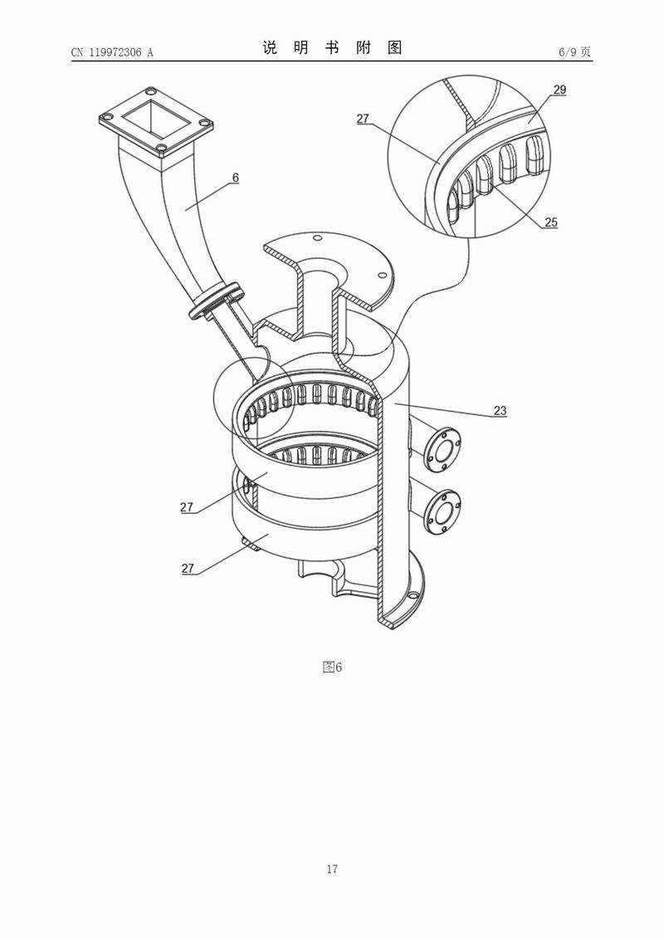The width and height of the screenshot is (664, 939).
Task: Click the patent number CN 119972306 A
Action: point(112,52)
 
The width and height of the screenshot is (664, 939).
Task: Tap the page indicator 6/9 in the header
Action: point(575,52)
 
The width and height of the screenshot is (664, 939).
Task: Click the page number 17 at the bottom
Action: point(332,869)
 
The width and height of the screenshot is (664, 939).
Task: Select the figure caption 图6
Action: point(332,667)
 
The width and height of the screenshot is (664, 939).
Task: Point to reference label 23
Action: point(500,410)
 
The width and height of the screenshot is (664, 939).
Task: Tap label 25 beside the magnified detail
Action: point(551,222)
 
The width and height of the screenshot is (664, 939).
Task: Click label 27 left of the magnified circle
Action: point(363,119)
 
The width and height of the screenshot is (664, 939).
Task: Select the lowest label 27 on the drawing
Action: point(188,569)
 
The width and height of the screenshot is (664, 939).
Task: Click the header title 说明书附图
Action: point(332,48)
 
